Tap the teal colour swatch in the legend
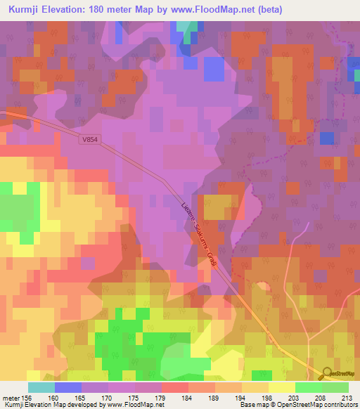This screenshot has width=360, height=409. (41, 387)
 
